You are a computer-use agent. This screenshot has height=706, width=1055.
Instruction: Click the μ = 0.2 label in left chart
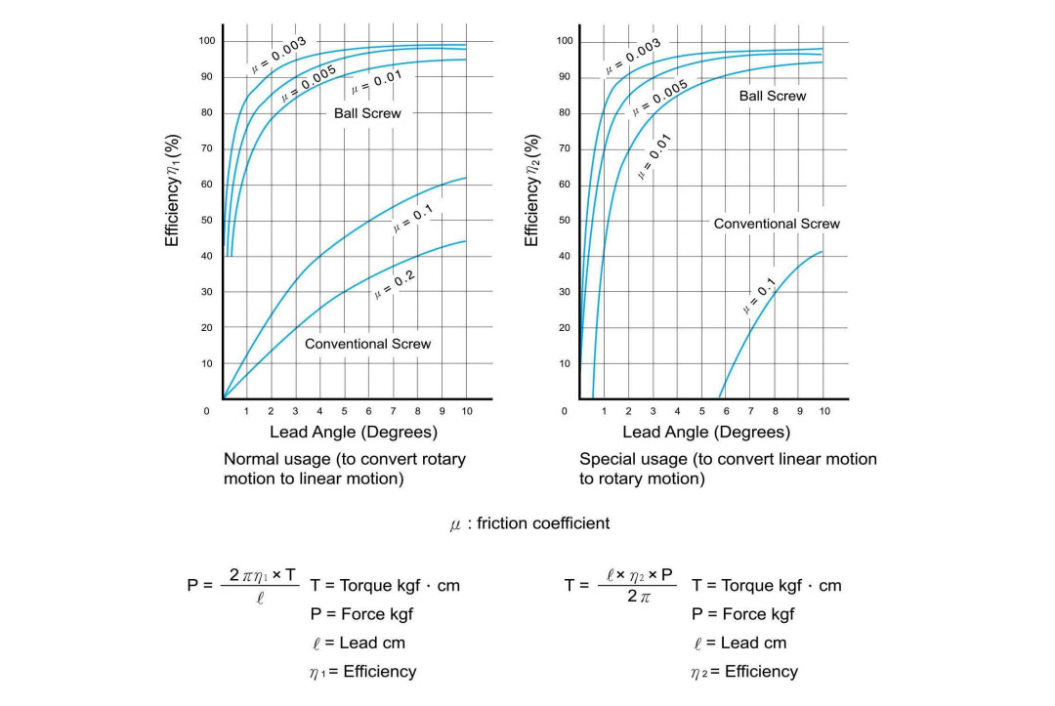tap(395, 286)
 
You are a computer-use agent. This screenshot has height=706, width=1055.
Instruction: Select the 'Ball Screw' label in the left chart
tap(367, 113)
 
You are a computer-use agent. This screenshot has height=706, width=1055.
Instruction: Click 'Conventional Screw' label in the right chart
tap(777, 224)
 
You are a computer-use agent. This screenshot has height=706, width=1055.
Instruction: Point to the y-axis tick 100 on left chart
tap(206, 40)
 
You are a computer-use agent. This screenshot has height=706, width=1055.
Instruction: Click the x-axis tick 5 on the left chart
tap(344, 411)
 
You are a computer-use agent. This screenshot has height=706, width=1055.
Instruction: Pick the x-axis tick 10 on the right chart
tap(824, 411)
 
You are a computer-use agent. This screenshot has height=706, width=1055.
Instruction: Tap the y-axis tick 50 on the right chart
tap(564, 220)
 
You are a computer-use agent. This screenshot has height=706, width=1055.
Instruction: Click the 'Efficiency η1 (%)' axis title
tap(172, 190)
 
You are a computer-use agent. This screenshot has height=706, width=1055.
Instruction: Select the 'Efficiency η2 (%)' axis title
tap(531, 190)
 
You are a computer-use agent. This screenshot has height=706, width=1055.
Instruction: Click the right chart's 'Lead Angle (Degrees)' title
tap(706, 432)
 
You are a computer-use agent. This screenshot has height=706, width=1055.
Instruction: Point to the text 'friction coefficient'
tap(543, 523)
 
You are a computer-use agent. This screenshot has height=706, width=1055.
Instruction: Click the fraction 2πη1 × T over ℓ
tap(261, 586)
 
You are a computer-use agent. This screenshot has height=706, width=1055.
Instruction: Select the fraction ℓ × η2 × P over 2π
tap(637, 586)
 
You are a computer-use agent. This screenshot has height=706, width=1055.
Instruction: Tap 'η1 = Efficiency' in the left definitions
tap(362, 671)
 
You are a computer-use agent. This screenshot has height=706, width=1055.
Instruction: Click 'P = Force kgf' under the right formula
tap(742, 614)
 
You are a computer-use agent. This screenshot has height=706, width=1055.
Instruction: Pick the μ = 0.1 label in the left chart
tap(412, 219)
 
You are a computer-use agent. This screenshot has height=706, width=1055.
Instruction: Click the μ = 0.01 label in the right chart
tap(654, 156)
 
